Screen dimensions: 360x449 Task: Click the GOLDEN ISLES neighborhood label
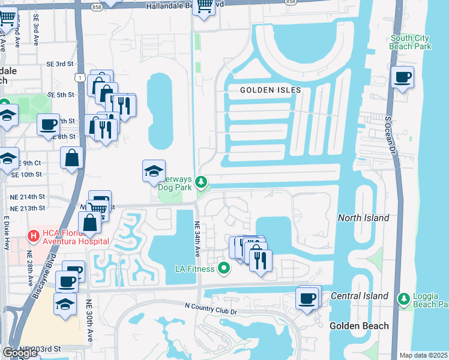(270, 90)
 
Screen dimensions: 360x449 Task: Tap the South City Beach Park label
(409, 41)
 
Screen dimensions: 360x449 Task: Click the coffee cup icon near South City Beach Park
(402, 77)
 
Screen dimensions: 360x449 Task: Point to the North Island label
(363, 218)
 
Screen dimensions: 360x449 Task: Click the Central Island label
(363, 296)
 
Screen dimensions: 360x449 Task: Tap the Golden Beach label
(359, 326)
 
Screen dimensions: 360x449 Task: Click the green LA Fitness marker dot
(224, 268)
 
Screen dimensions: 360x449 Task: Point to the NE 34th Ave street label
(197, 240)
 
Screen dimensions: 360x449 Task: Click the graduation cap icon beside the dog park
(154, 171)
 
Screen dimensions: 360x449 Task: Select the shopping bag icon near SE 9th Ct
(71, 158)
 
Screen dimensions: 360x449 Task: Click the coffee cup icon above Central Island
(308, 298)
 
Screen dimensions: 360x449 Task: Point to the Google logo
(20, 353)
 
